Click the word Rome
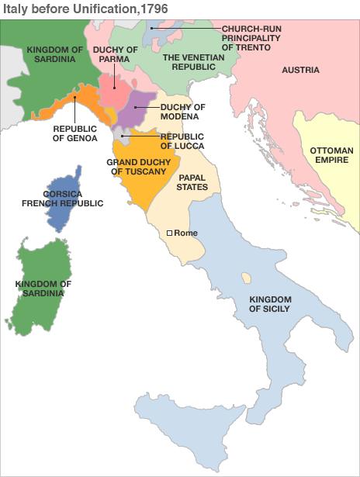click(187, 233)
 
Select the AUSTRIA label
click(300, 70)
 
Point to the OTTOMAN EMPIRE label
click(331, 155)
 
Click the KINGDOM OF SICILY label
click(269, 304)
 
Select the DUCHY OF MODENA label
click(180, 112)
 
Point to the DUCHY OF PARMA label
click(115, 54)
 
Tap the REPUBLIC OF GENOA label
click(75, 133)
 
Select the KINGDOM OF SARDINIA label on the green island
click(43, 289)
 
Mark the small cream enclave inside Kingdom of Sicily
click(246, 277)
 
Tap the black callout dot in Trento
click(152, 29)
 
